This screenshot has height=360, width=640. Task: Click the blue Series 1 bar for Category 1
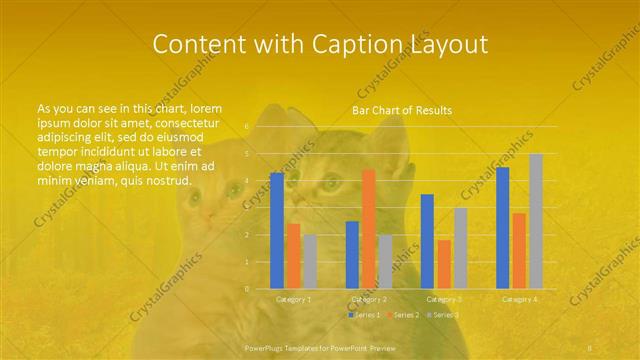pyautogui.click(x=277, y=231)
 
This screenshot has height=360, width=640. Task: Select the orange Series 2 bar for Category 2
pyautogui.click(x=368, y=229)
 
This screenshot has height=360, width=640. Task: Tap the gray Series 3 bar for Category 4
pyautogui.click(x=535, y=221)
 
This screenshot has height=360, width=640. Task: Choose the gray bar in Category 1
pyautogui.click(x=309, y=262)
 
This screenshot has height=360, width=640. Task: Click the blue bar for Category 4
pyautogui.click(x=502, y=228)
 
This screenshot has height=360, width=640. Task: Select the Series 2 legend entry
pyautogui.click(x=402, y=315)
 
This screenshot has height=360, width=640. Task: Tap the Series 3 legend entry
pyautogui.click(x=443, y=315)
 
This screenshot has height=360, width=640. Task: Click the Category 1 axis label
pyautogui.click(x=293, y=299)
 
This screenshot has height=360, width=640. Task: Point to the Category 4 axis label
pyautogui.click(x=519, y=299)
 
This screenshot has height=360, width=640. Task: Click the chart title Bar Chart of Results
pyautogui.click(x=402, y=110)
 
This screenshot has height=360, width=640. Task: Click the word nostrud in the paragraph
pyautogui.click(x=168, y=180)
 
